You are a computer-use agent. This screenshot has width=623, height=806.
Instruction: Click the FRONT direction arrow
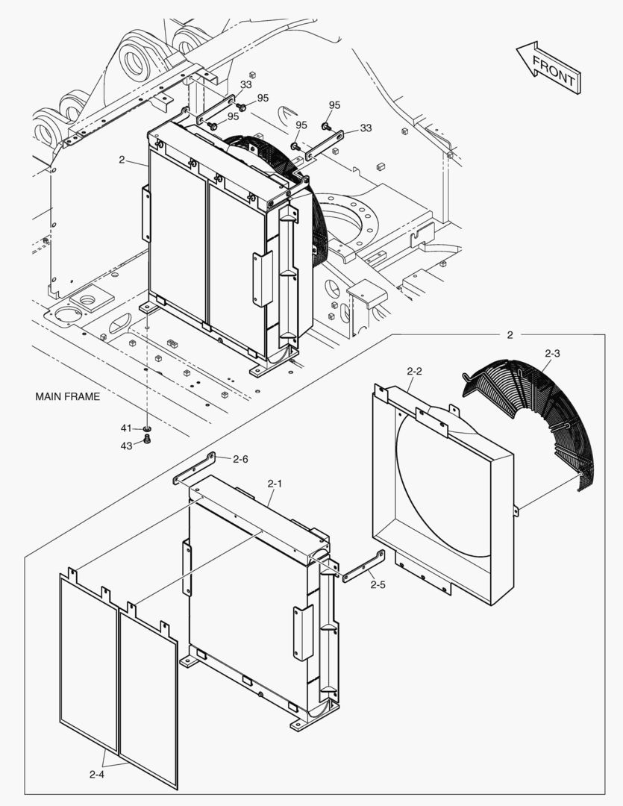(548, 67)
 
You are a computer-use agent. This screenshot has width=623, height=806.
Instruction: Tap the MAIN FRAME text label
(67, 396)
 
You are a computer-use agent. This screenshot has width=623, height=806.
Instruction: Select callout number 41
(126, 428)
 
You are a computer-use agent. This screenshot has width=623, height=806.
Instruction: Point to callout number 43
(126, 446)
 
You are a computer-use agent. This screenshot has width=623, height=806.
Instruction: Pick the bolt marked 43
(147, 441)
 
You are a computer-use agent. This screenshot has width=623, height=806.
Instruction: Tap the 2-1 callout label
(275, 484)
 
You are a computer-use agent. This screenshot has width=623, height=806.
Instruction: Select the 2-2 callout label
(415, 371)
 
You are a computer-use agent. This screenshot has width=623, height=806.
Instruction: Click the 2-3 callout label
(553, 352)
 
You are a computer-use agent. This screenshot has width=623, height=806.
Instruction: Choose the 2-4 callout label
(96, 775)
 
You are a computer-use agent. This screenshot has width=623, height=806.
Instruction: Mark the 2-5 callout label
(378, 584)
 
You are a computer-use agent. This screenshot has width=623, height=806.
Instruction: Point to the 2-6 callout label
(240, 459)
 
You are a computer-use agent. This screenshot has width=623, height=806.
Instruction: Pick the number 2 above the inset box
(510, 335)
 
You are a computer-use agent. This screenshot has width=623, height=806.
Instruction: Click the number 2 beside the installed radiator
(122, 160)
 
